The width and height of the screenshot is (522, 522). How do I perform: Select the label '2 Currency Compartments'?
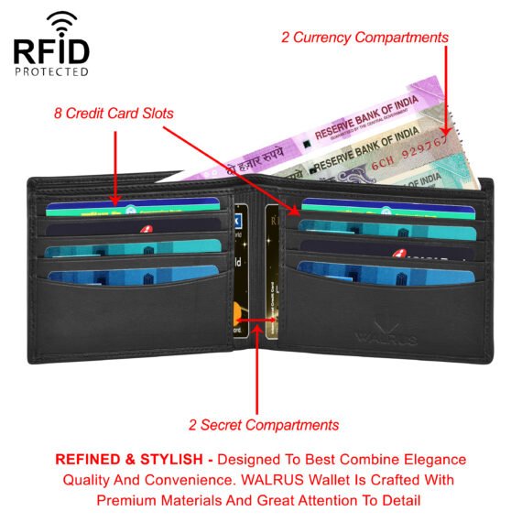[x=364, y=38]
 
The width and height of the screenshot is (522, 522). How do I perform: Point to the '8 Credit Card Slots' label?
[x=112, y=113]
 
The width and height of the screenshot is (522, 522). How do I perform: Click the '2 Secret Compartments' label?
[x=264, y=424]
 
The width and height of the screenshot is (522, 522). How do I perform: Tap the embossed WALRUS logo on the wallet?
[x=386, y=336]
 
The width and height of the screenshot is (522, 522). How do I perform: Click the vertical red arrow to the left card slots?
[x=115, y=165]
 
